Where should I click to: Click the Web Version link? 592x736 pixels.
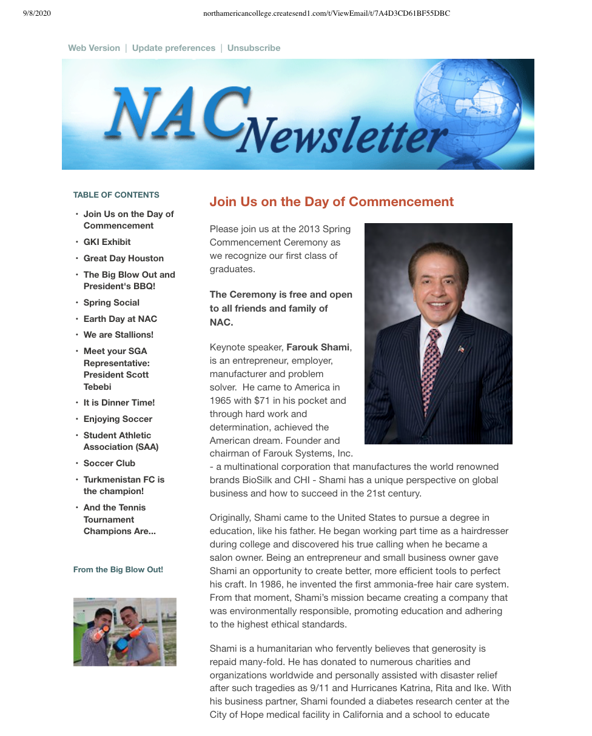[94, 48]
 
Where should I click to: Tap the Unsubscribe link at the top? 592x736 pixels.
[254, 48]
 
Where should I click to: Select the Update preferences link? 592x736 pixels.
[173, 48]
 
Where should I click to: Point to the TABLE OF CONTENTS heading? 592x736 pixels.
[116, 195]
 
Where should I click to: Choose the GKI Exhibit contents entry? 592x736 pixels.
[107, 242]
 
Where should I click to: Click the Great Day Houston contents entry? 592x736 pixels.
[123, 258]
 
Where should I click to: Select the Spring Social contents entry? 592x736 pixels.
[111, 303]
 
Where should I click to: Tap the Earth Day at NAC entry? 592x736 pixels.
[120, 319]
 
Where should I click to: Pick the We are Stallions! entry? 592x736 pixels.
[118, 335]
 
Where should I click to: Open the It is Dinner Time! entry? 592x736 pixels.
[119, 403]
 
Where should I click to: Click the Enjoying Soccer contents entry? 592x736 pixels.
[118, 419]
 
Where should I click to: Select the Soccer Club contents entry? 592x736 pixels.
[109, 463]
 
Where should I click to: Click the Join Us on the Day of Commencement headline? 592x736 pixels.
[331, 202]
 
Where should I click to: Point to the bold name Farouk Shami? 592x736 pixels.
[318, 347]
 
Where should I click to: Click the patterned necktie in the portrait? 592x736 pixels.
[431, 370]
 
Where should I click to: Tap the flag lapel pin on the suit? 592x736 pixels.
[461, 349]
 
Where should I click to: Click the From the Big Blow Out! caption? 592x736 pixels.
[118, 570]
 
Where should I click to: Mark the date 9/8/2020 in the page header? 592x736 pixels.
[38, 13]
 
